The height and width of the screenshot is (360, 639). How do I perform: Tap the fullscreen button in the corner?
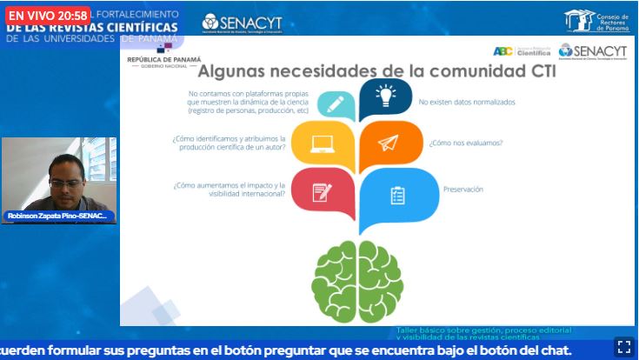623,345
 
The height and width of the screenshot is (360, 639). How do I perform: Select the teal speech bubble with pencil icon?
336,105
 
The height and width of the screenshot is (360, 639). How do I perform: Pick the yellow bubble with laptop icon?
323,144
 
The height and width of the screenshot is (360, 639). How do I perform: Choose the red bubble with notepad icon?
323,191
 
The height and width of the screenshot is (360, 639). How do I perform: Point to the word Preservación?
463,189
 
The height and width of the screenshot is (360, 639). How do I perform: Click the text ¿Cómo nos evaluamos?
465,143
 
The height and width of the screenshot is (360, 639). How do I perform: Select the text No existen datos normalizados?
466,102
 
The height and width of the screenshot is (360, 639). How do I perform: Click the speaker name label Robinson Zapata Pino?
57,216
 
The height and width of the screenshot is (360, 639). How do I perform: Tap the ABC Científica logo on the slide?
522,50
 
